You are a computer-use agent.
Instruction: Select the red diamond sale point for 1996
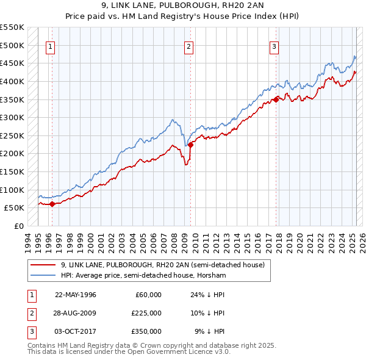[x=52, y=204]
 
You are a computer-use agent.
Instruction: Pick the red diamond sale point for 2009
[x=190, y=145]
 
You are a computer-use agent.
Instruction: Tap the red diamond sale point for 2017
[x=276, y=99]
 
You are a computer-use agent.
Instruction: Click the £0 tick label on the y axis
[x=18, y=226]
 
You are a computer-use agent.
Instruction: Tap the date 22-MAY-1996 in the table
[x=76, y=295]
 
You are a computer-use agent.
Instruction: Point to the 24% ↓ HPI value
[x=208, y=295]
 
